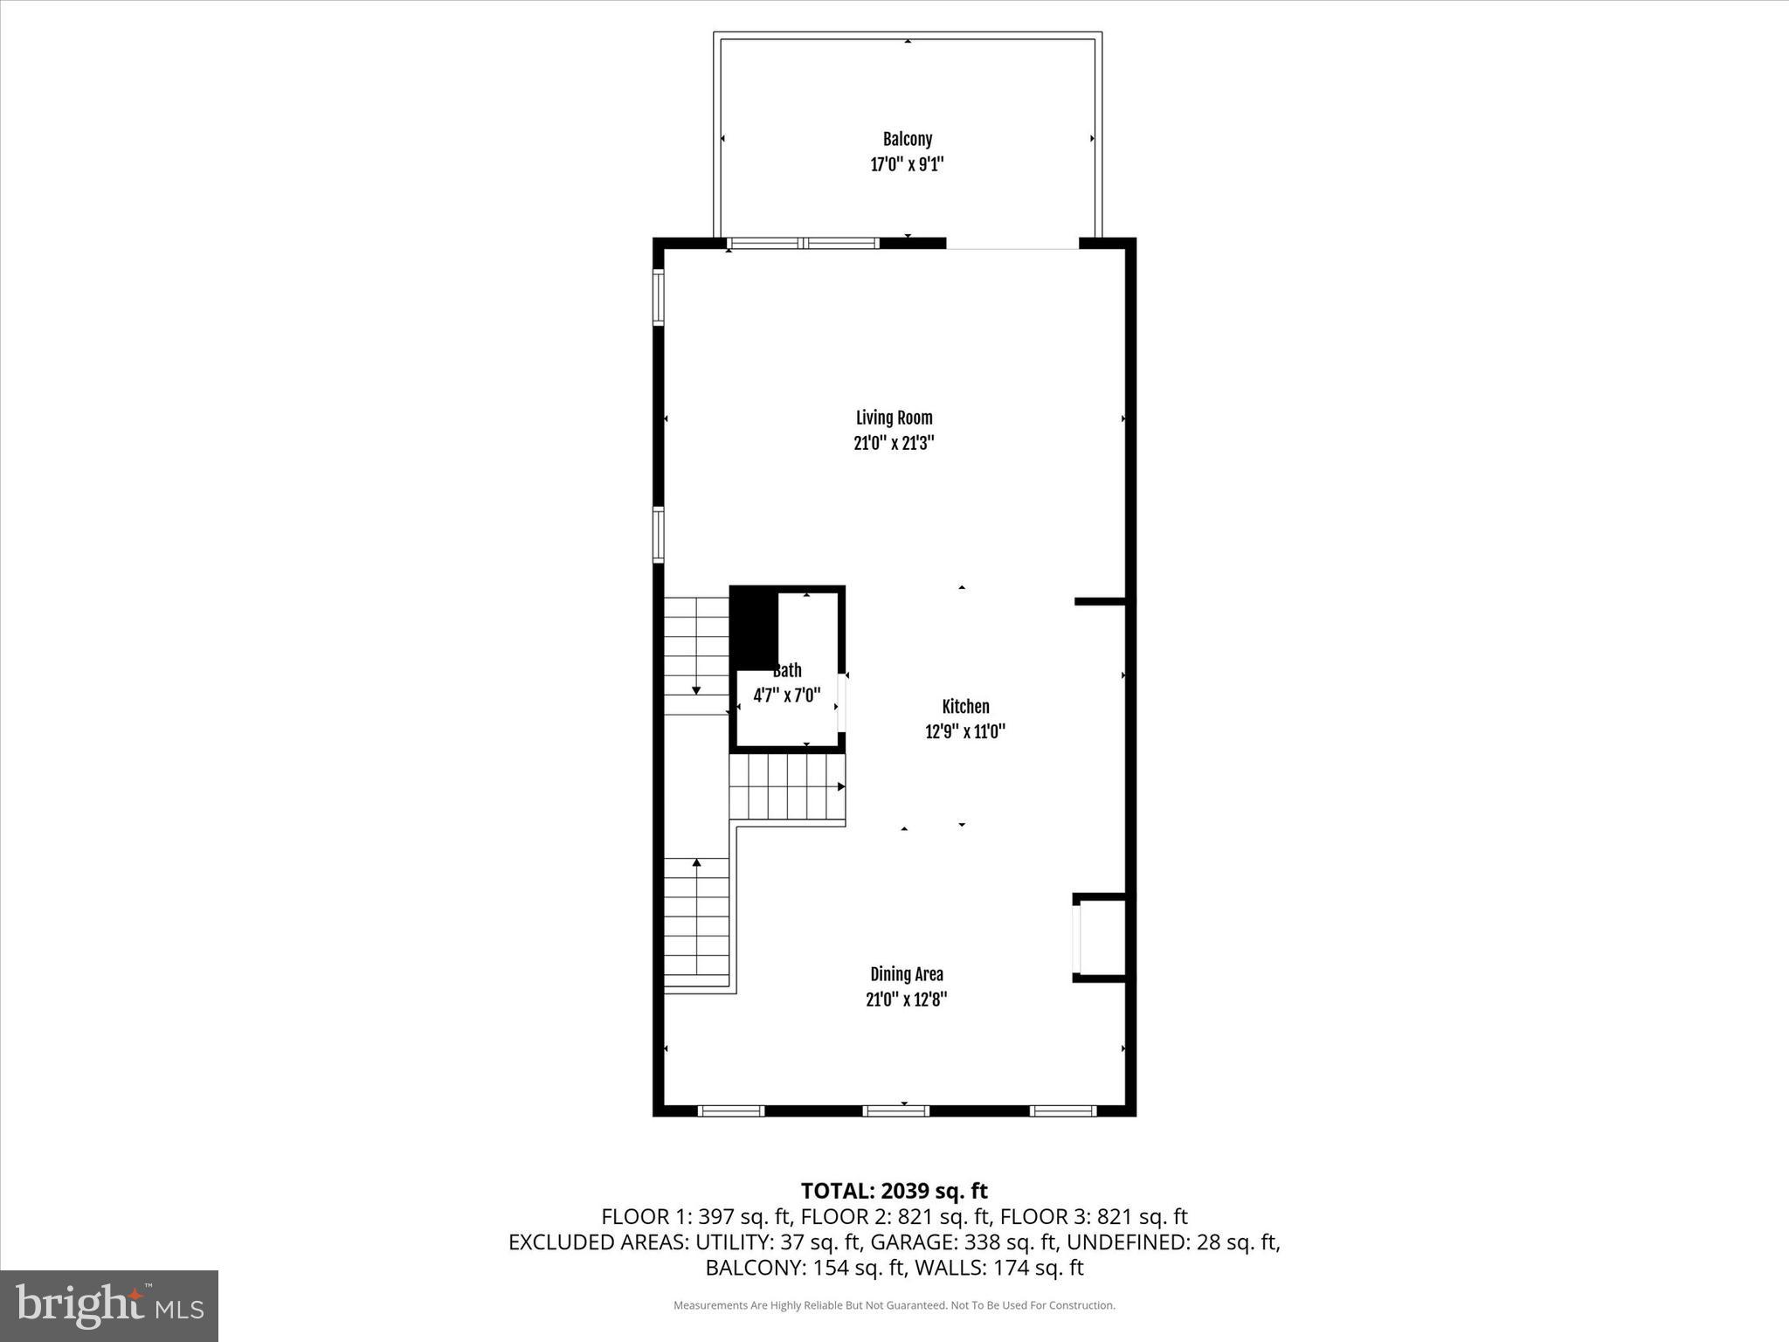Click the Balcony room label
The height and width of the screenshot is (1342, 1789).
[x=907, y=139]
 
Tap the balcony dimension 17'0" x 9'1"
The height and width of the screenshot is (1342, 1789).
[x=907, y=164]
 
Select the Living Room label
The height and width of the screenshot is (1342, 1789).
[x=894, y=418]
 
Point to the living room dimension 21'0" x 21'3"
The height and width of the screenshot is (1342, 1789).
[x=894, y=443]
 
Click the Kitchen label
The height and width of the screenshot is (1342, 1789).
[x=965, y=707]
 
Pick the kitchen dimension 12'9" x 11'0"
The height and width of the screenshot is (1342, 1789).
[x=965, y=732]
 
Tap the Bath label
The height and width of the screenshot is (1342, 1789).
[x=787, y=671]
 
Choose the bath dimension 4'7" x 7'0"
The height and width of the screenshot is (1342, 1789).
[x=787, y=696]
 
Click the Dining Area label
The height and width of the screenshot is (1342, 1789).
[x=906, y=974]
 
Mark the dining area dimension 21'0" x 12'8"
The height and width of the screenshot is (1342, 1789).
[x=906, y=1000]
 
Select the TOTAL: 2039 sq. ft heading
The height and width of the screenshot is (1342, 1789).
[x=894, y=1191]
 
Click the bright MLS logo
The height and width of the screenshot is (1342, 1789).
[x=109, y=1305]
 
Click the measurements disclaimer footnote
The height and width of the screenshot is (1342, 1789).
[x=894, y=1305]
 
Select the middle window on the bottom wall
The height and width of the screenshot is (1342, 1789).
[x=895, y=1110]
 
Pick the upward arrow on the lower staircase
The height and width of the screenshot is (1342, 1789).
[x=697, y=864]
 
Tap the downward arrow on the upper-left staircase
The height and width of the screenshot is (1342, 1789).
[x=696, y=689]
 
